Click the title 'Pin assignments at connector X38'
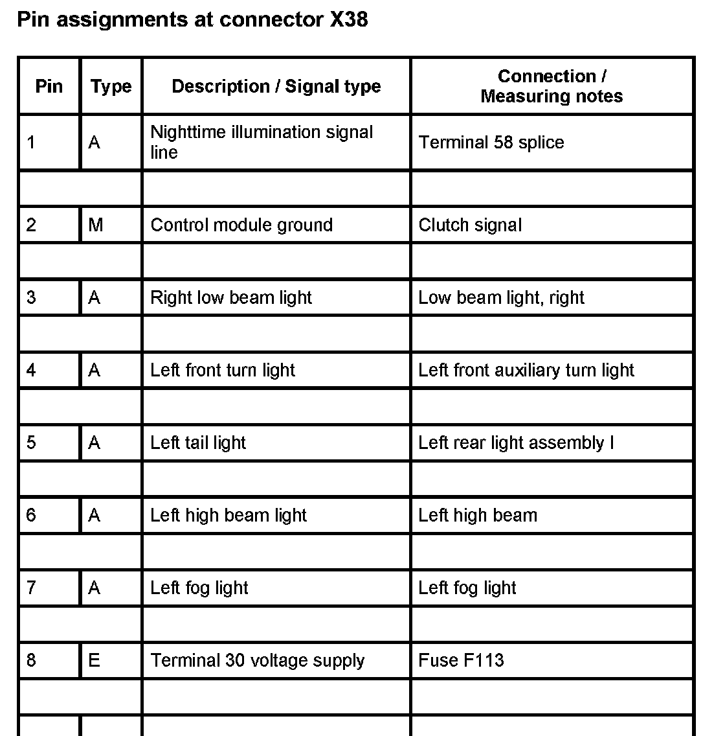click(x=192, y=19)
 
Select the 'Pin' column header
click(x=49, y=86)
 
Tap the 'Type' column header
click(x=111, y=86)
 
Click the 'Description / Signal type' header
click(x=276, y=86)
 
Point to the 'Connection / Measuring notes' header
click(x=552, y=86)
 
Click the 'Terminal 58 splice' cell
click(x=491, y=143)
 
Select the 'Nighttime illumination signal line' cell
click(x=262, y=142)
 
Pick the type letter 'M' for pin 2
click(x=95, y=225)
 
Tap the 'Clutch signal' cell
click(x=470, y=225)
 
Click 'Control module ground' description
click(x=241, y=225)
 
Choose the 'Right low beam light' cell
click(x=231, y=297)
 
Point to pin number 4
click(x=31, y=370)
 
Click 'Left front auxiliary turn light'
click(x=526, y=370)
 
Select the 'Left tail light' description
click(x=198, y=443)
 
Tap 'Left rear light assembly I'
click(x=516, y=443)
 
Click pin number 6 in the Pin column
click(x=31, y=515)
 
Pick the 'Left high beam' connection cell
click(x=478, y=515)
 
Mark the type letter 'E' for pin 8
click(x=95, y=660)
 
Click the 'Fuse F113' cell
click(x=461, y=660)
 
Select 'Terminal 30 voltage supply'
click(x=258, y=660)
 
